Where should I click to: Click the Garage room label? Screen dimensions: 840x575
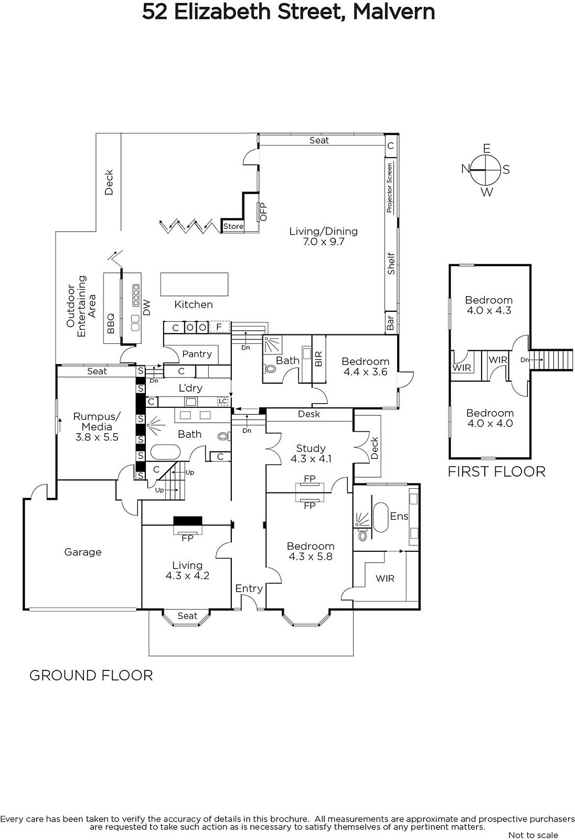pyautogui.click(x=82, y=552)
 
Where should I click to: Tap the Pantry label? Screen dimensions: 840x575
pyautogui.click(x=197, y=354)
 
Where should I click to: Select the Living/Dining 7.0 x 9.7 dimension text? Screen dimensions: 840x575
pyautogui.click(x=323, y=242)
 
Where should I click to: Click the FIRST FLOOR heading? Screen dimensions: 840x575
pyautogui.click(x=496, y=471)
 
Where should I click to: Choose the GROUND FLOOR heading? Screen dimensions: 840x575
pyautogui.click(x=91, y=675)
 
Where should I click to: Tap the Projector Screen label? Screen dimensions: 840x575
pyautogui.click(x=390, y=187)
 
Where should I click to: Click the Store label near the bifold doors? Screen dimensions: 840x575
pyautogui.click(x=233, y=226)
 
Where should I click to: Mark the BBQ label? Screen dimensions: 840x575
pyautogui.click(x=111, y=323)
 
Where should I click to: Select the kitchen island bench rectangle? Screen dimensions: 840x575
pyautogui.click(x=194, y=284)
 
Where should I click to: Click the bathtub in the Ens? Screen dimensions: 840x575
pyautogui.click(x=380, y=517)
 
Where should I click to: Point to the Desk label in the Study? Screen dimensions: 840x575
pyautogui.click(x=309, y=414)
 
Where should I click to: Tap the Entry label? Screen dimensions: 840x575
pyautogui.click(x=249, y=589)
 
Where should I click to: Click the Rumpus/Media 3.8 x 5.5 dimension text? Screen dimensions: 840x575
pyautogui.click(x=97, y=437)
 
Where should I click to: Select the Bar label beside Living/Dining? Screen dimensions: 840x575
pyautogui.click(x=390, y=322)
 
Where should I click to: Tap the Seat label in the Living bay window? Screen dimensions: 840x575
pyautogui.click(x=187, y=616)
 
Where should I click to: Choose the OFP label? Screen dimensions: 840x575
pyautogui.click(x=263, y=212)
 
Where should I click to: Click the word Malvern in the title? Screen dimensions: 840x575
pyautogui.click(x=393, y=12)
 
